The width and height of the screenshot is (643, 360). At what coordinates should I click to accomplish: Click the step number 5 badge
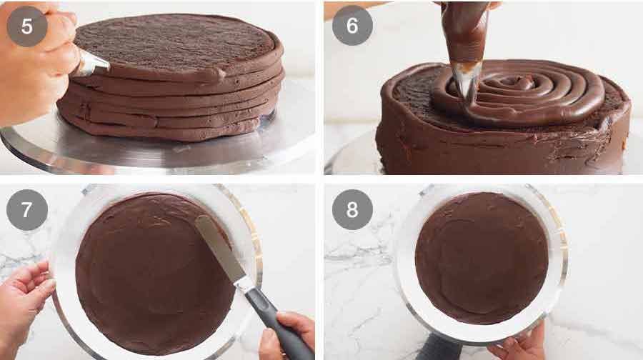27,26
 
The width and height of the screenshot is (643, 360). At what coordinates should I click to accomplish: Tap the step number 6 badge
352,26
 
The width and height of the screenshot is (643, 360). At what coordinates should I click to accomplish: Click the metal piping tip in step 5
93,64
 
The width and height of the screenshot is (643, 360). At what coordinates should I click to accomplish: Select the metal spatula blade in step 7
217,246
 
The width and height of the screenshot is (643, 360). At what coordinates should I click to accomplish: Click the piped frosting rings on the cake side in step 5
179,107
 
